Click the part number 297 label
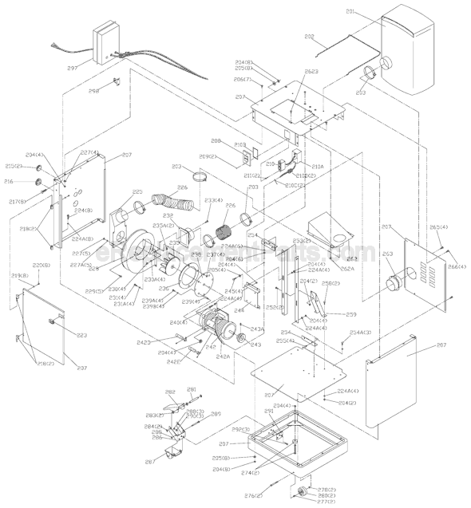(x=73, y=69)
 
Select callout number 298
(x=93, y=92)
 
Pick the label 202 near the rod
(x=310, y=36)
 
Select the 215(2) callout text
(x=14, y=167)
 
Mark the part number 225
(x=137, y=192)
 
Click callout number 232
(x=168, y=215)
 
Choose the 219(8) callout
(x=19, y=276)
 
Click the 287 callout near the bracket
(x=149, y=462)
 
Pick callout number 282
(x=170, y=392)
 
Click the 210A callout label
(x=307, y=167)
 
